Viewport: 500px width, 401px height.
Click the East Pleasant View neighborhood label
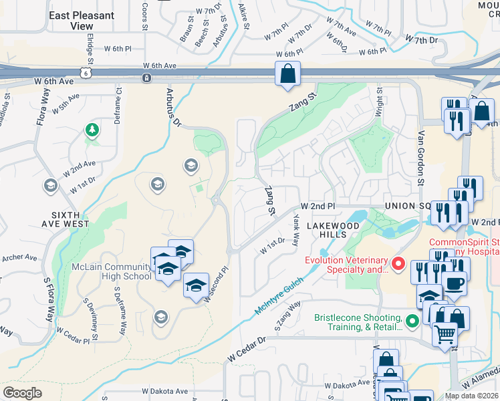[x=82, y=21]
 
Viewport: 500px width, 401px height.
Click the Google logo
[x=22, y=393]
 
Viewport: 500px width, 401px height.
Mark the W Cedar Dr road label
[x=246, y=350]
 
